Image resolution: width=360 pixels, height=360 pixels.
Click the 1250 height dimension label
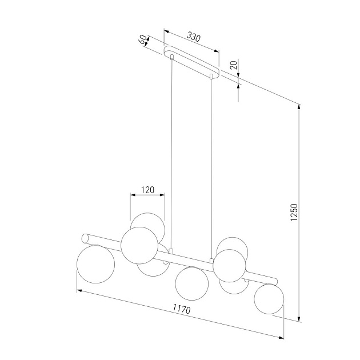coord(294,213)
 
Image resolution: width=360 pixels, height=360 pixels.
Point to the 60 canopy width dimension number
coord(142,41)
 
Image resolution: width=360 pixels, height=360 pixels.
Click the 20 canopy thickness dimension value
coord(233,65)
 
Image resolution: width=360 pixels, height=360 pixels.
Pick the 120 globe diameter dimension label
coord(149,190)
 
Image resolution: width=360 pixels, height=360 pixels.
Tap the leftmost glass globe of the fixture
coord(95,263)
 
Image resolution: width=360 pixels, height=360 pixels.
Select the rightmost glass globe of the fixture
coord(269,299)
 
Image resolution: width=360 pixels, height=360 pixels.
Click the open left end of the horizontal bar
coord(85,237)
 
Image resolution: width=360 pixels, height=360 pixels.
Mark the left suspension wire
coord(171,160)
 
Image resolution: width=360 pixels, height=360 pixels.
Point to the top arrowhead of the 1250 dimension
coord(299,107)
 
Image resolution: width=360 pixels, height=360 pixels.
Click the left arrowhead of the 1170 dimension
coord(79,291)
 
